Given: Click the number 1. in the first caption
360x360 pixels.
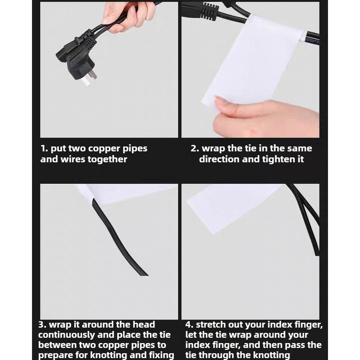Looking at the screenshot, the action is pyautogui.click(x=44, y=148).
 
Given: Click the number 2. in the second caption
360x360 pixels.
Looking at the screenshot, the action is pyautogui.click(x=195, y=148).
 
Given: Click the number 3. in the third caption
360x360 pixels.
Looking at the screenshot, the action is pyautogui.click(x=43, y=325).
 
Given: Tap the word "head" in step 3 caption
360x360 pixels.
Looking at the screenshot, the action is pyautogui.click(x=145, y=325).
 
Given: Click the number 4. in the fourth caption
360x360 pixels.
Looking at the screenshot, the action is pyautogui.click(x=190, y=325).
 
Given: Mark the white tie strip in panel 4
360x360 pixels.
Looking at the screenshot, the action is pyautogui.click(x=232, y=208).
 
